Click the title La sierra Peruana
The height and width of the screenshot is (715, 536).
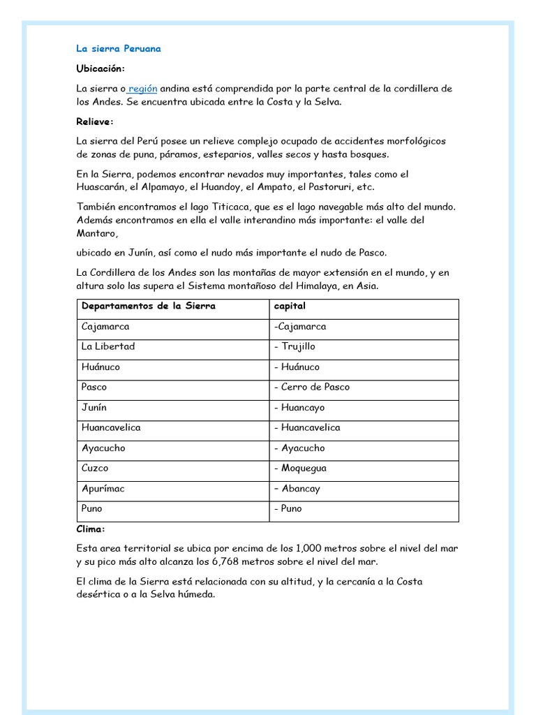coord(119,49)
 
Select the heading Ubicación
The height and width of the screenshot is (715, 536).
coord(100,68)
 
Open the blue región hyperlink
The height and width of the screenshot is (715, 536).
coord(142,89)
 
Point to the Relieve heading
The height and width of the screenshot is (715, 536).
coord(94,121)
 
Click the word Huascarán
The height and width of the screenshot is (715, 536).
coord(102,187)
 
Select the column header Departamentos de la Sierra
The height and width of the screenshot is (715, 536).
coord(149,306)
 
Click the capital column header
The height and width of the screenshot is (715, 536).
coord(290,306)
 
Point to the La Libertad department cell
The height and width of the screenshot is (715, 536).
coord(108,346)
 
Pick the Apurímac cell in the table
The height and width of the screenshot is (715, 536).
coord(103,488)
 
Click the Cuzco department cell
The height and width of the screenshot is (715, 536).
coord(95,468)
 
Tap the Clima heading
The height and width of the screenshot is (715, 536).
coord(91,529)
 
